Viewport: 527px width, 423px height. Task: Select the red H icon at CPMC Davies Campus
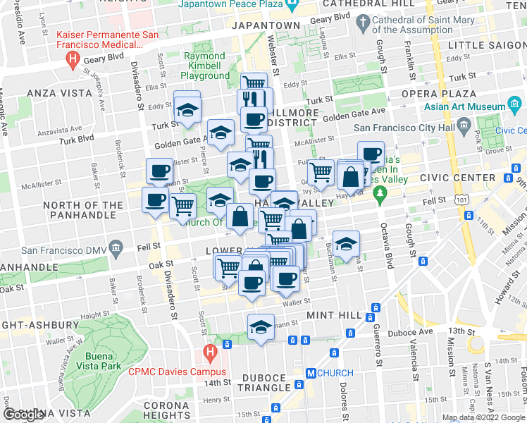[x=210, y=352]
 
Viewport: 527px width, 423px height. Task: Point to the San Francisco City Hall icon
[x=464, y=128]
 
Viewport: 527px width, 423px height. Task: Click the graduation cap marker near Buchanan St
[x=345, y=245]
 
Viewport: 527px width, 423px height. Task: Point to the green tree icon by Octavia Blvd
[x=381, y=192]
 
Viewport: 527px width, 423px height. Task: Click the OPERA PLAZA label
[x=431, y=93]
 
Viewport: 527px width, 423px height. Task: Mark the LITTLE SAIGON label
[x=486, y=45]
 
